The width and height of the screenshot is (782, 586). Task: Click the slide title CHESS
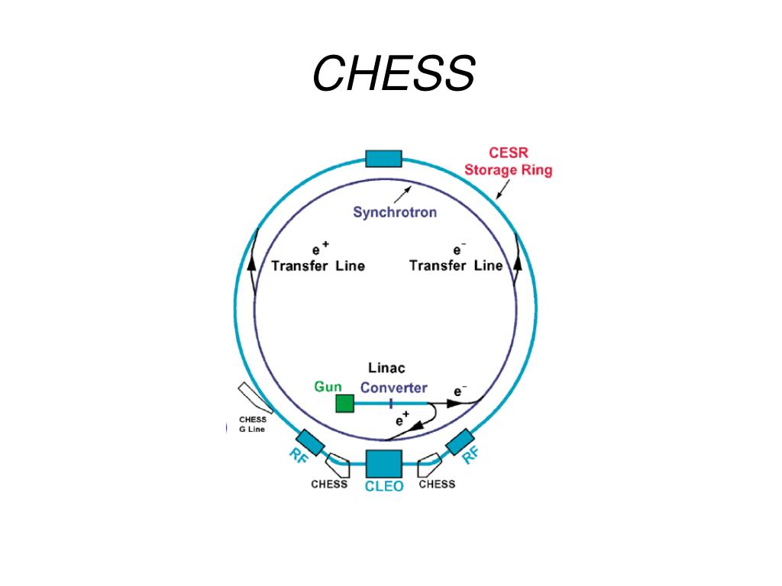393,75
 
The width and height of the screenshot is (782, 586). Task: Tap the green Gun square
345,403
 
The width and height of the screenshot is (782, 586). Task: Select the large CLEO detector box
383,465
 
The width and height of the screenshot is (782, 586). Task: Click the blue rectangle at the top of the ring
383,159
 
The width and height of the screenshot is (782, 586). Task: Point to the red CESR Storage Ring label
508,162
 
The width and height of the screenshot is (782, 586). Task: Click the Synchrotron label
395,212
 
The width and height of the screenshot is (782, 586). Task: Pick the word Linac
387,369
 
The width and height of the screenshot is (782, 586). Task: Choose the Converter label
394,388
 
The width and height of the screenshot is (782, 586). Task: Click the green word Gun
328,387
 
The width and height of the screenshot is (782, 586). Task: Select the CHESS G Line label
253,423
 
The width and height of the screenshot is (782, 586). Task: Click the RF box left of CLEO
310,443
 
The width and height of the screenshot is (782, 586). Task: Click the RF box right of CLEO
460,442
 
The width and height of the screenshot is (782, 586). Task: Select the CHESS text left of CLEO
329,484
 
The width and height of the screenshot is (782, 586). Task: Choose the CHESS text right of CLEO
437,484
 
